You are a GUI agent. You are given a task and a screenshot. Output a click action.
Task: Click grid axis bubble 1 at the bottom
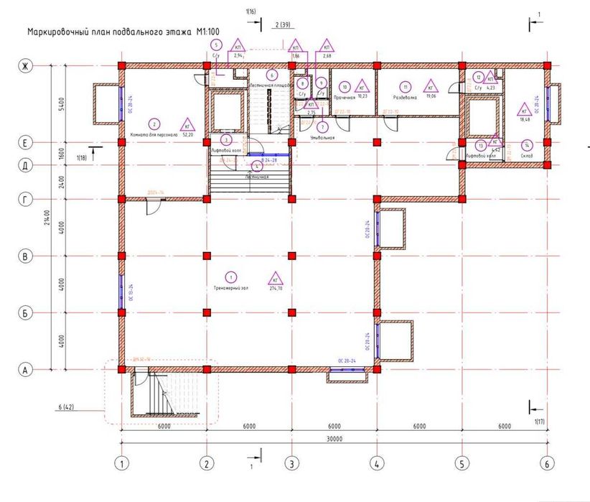coord(123,463)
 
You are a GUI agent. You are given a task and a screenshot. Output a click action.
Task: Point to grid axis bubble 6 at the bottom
coord(547,463)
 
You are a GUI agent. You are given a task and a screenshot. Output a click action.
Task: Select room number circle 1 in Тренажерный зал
coord(230,276)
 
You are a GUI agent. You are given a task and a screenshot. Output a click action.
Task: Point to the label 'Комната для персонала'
coord(152,134)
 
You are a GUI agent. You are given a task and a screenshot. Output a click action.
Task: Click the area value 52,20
coord(189,134)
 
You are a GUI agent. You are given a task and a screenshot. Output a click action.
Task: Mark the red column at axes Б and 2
coord(207,312)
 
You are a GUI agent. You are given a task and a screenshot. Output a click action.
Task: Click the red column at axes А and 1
coord(123,369)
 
